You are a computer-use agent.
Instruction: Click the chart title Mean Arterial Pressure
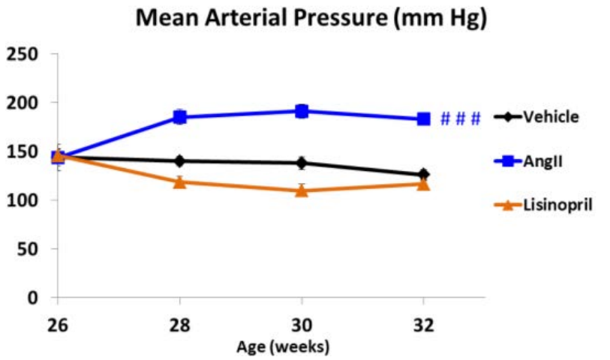click(311, 19)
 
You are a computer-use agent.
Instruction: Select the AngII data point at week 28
click(179, 116)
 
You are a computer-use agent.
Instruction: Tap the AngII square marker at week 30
click(302, 111)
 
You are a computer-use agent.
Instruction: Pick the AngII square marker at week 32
click(423, 118)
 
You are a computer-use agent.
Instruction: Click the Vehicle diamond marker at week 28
click(179, 160)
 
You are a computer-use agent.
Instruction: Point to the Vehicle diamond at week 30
click(302, 162)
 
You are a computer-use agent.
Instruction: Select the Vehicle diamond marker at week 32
click(423, 174)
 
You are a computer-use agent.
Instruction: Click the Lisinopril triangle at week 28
click(179, 181)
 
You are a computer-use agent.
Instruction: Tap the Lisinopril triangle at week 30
click(302, 190)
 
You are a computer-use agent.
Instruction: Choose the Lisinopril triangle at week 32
click(423, 184)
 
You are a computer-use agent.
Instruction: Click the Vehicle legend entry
click(551, 117)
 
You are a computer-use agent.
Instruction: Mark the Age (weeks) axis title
click(283, 346)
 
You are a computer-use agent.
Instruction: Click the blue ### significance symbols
click(460, 118)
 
